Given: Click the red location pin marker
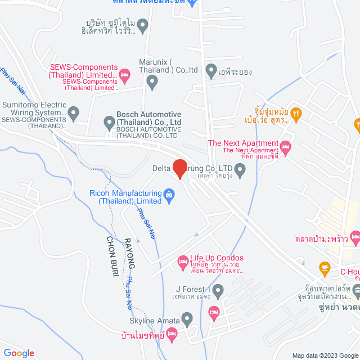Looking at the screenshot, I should tap(179, 168).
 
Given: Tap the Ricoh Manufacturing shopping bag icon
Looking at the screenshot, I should tap(168, 195).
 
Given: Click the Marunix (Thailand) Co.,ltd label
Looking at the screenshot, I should tap(168, 66).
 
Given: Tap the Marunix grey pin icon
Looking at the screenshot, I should tap(152, 82).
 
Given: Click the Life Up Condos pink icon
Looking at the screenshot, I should tap(182, 260).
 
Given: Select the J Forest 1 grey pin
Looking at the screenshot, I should tap(218, 291).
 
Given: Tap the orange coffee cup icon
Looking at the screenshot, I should tap(324, 267).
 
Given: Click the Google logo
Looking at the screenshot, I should tap(20, 353).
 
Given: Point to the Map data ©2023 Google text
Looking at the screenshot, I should tap(323, 355).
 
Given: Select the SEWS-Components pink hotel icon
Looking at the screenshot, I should tap(125, 74).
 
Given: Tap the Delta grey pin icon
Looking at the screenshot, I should tap(240, 172).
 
